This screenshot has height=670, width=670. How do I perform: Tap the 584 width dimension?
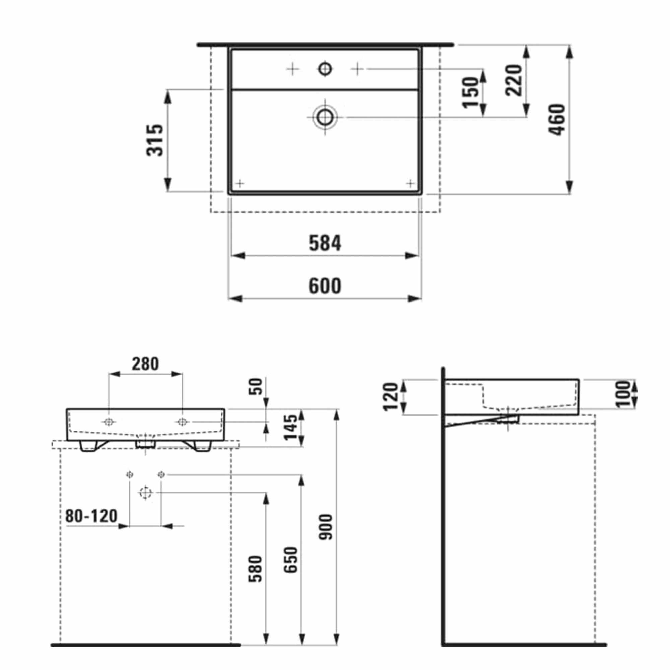[x=325, y=243]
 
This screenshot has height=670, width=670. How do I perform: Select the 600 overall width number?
[x=325, y=286]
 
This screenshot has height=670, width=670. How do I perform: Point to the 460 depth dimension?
[x=557, y=119]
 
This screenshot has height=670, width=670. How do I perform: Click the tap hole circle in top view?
[x=325, y=69]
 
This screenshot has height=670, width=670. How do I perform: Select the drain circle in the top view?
[x=325, y=117]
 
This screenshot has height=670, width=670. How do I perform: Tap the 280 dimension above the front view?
[x=145, y=364]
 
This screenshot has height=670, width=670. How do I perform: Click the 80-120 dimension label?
[x=91, y=516]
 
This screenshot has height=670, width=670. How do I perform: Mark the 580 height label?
[x=256, y=569]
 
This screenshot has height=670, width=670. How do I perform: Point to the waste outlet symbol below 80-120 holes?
[x=145, y=493]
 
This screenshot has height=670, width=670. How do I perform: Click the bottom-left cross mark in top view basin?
[x=240, y=183]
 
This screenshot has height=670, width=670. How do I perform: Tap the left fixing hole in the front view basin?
[x=109, y=422]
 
